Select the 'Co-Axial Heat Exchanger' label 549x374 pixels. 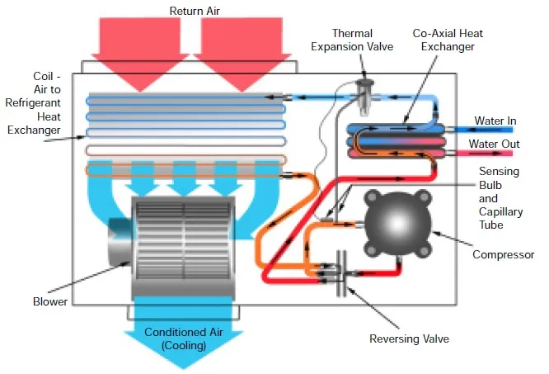coord(448,40)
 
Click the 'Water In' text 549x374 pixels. coord(499,121)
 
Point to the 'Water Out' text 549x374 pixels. coord(495,144)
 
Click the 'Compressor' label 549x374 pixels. coord(503,254)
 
